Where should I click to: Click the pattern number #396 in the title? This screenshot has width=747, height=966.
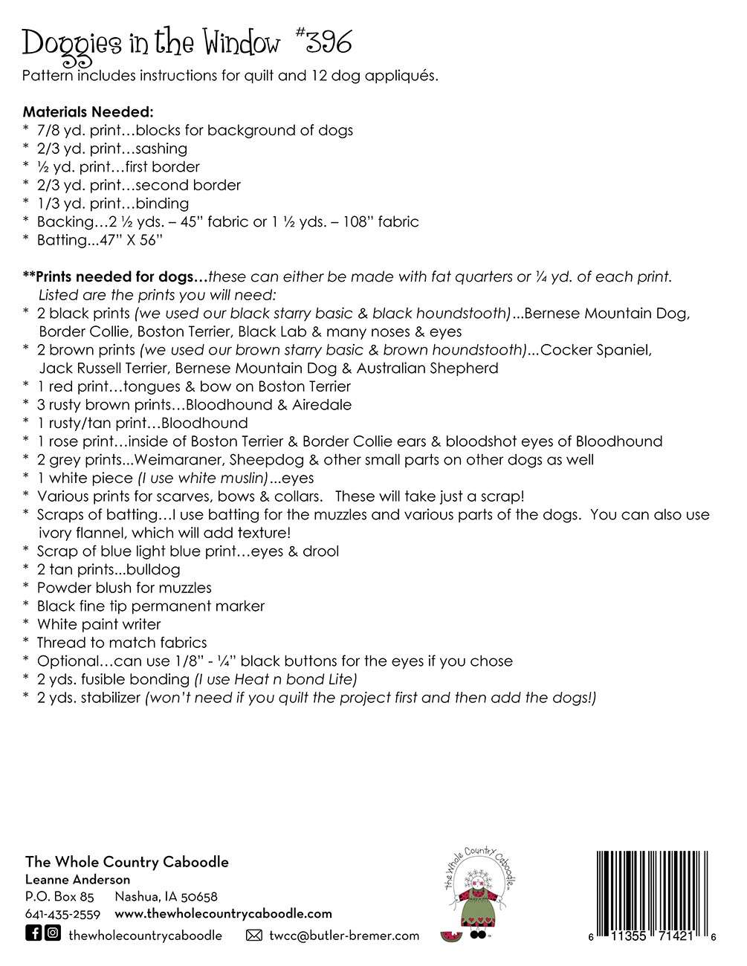[x=319, y=45]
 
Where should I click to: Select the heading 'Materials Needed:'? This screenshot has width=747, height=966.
[x=88, y=112]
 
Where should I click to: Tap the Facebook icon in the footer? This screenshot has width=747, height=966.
[x=33, y=933]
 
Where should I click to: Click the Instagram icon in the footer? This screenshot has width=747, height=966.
[x=52, y=933]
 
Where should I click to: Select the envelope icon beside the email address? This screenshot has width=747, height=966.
[x=254, y=936]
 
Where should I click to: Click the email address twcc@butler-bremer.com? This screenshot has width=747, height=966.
[x=344, y=936]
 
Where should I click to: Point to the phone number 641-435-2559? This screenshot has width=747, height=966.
[x=62, y=914]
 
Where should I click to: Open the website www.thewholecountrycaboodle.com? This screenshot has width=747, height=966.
[x=223, y=914]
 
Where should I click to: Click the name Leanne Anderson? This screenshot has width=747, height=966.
[x=77, y=880]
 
